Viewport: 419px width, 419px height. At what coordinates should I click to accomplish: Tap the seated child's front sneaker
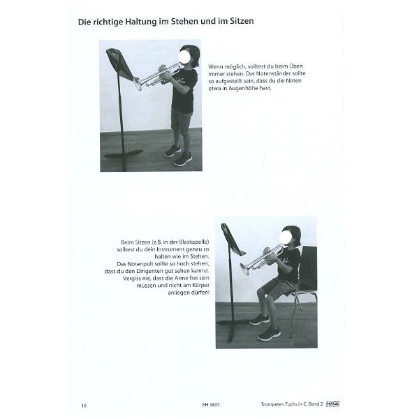[267, 333]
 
